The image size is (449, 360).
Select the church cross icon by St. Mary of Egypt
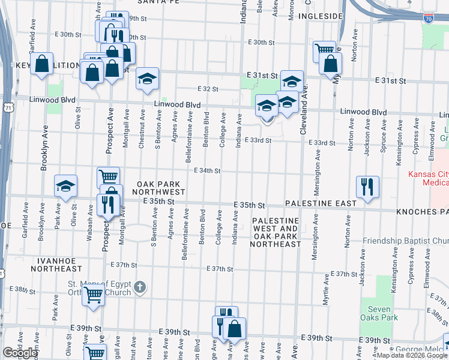[x=139, y=287]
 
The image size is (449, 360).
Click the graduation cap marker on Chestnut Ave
[x=147, y=79]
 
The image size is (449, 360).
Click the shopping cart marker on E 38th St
[x=93, y=295]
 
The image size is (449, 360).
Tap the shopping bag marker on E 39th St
[x=235, y=328]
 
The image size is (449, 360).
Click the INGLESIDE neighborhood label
[x=320, y=17]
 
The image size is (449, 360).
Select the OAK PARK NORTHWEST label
[x=160, y=187]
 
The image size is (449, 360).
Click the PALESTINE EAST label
[x=321, y=204]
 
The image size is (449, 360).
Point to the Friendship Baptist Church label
[x=405, y=241]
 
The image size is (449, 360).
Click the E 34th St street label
[x=207, y=171]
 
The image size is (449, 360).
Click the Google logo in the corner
[x=20, y=353]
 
